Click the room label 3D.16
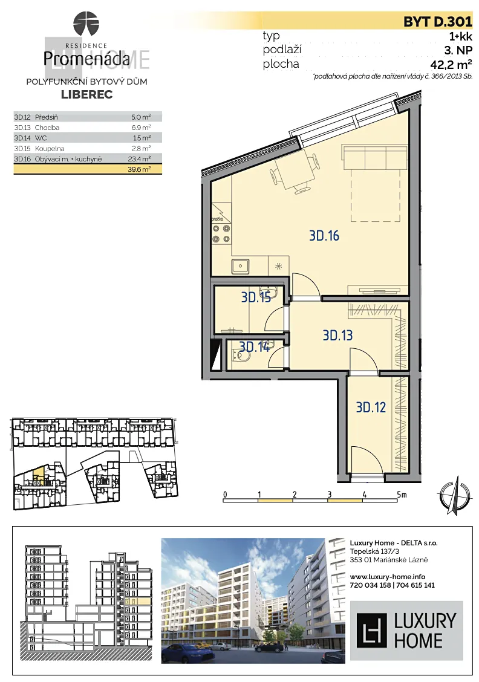coord(324,236)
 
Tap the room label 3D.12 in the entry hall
coord(371,407)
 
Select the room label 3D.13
coord(337,336)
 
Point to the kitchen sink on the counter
coord(240,265)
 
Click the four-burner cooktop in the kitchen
coord(221,233)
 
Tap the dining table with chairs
coord(295,172)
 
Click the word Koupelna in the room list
coord(50,149)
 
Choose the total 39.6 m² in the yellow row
coord(139,170)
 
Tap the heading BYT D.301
coord(438,21)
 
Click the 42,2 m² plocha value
coord(451,64)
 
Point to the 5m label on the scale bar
coord(402,495)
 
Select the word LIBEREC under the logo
coord(87,94)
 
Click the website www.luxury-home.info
coord(388,577)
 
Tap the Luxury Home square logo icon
coord(371,631)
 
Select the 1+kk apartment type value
coord(461,36)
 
